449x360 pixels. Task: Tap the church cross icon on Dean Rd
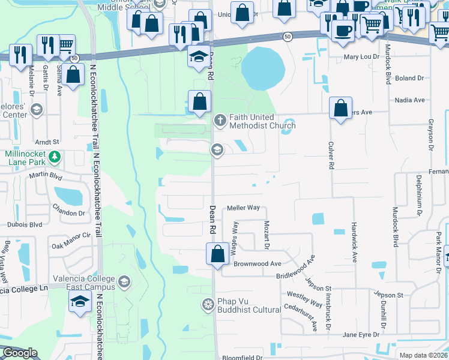[x=220, y=121]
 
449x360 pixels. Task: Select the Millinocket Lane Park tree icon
[x=55, y=157]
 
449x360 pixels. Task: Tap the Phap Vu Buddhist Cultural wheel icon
[x=208, y=304]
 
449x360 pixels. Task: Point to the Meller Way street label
[x=243, y=208]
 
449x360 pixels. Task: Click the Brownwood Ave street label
[x=258, y=263]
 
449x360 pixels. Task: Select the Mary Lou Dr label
[x=361, y=57]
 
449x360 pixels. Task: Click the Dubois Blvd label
[x=25, y=225]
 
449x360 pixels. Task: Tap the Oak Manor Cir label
[x=70, y=241]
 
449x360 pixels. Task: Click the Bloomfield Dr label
[x=243, y=357]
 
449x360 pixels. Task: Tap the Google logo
[x=19, y=353]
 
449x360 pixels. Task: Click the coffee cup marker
[x=343, y=29]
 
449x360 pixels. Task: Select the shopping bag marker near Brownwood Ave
[x=217, y=253]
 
